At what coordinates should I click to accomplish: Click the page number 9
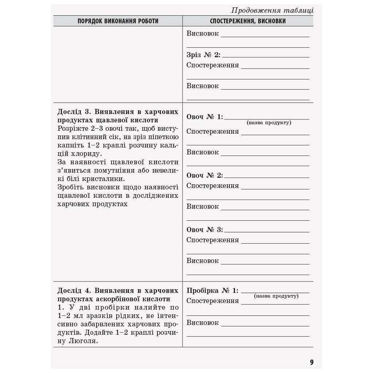[x=311, y=362]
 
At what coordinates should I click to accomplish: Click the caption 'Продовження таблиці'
[x=272, y=10]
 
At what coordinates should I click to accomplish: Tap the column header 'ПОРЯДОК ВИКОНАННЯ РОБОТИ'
[x=118, y=21]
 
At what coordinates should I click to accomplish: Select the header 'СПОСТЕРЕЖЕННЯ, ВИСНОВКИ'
[x=248, y=21]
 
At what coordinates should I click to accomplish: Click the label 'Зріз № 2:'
[x=203, y=55]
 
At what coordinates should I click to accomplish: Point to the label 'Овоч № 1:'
[x=205, y=117]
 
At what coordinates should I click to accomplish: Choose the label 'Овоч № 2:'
[x=205, y=176]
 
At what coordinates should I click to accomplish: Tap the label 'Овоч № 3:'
[x=205, y=230]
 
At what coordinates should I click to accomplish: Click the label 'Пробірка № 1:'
[x=212, y=291]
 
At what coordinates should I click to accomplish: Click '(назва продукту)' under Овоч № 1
[x=269, y=123]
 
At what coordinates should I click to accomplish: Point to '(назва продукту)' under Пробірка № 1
[x=276, y=296]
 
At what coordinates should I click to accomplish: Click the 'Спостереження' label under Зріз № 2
[x=213, y=66]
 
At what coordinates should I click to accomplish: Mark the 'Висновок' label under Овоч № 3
[x=203, y=261]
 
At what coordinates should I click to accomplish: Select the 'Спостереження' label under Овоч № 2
[x=213, y=186]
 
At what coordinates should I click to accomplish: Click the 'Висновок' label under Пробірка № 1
[x=203, y=323]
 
